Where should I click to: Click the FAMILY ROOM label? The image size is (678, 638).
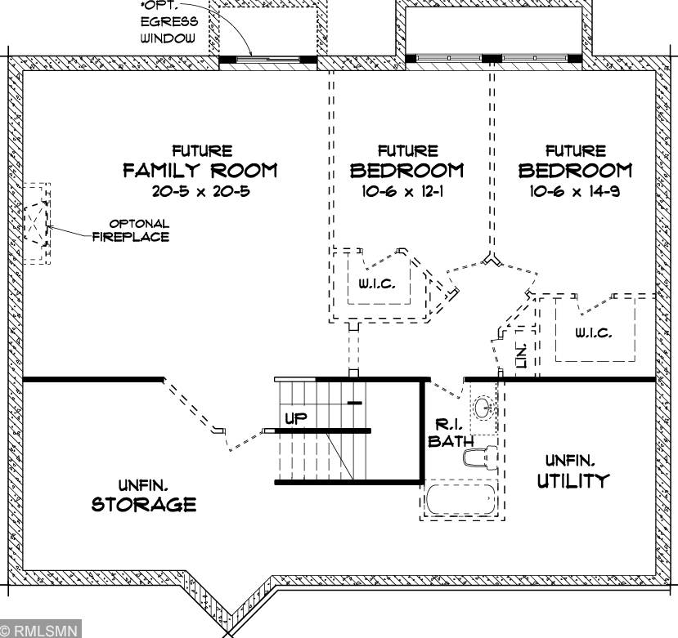200,170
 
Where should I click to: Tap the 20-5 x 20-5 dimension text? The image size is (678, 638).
201,191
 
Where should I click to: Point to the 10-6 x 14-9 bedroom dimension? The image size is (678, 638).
575,191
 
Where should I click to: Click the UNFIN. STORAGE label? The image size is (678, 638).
144,496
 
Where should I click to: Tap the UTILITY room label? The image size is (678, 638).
573,480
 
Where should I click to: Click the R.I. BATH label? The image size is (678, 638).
450,433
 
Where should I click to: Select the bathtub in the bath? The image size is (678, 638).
460,499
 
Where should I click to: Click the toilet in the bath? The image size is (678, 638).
479,457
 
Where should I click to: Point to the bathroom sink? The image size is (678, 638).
483,408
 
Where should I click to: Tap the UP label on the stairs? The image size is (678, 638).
296,418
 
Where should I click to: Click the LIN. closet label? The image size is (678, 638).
522,355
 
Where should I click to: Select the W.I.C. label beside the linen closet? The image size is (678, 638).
593,332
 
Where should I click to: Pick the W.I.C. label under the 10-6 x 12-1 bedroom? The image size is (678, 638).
376,283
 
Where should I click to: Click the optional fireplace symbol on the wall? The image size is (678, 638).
37,223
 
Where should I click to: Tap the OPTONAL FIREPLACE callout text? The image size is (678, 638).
131,230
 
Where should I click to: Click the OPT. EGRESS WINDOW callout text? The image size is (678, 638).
168,22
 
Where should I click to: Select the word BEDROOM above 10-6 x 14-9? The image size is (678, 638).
575,170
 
